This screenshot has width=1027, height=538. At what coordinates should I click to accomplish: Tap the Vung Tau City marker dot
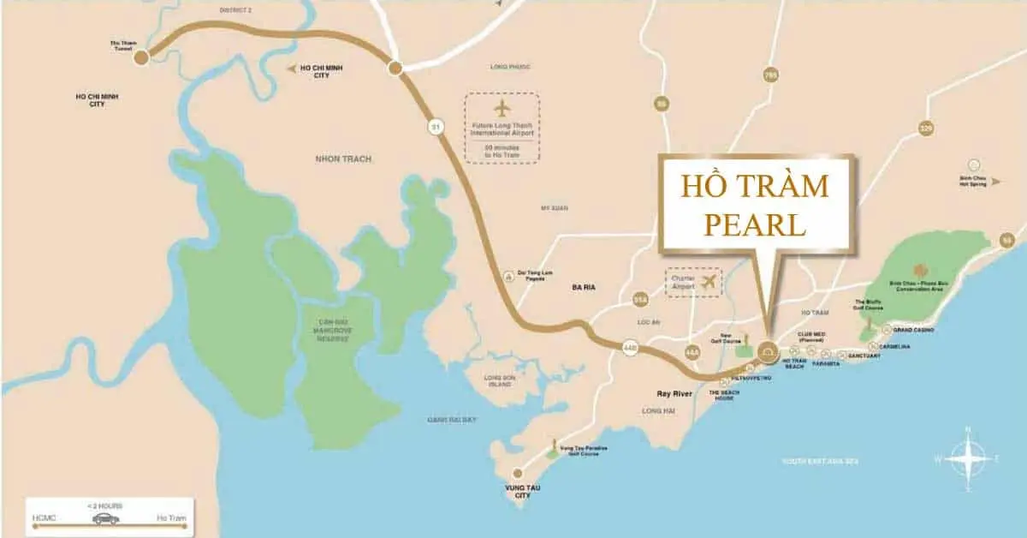517,473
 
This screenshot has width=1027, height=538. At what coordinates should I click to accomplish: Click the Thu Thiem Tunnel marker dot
142,56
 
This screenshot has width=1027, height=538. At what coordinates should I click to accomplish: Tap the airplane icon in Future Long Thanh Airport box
502,109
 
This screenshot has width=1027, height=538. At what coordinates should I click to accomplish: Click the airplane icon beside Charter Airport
708,281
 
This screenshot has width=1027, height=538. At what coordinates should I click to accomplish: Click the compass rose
968,458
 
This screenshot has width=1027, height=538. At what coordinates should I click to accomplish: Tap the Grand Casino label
913,330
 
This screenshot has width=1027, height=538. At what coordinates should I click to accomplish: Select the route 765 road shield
770,76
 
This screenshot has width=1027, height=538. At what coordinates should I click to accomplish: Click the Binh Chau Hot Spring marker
972,164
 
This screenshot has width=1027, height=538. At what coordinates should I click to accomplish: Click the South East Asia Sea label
820,462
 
